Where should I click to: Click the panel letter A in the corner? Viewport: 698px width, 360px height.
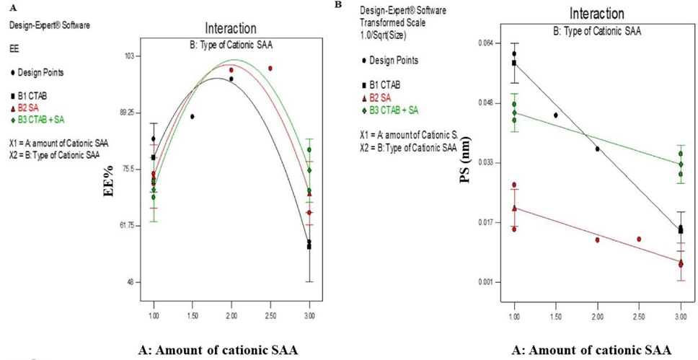tap(12, 10)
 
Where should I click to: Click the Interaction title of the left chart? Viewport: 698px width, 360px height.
tap(230, 29)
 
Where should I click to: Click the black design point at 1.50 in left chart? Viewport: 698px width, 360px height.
tap(193, 116)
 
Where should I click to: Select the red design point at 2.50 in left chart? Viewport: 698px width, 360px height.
tap(270, 69)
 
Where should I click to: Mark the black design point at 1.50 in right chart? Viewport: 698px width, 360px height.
tap(556, 115)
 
